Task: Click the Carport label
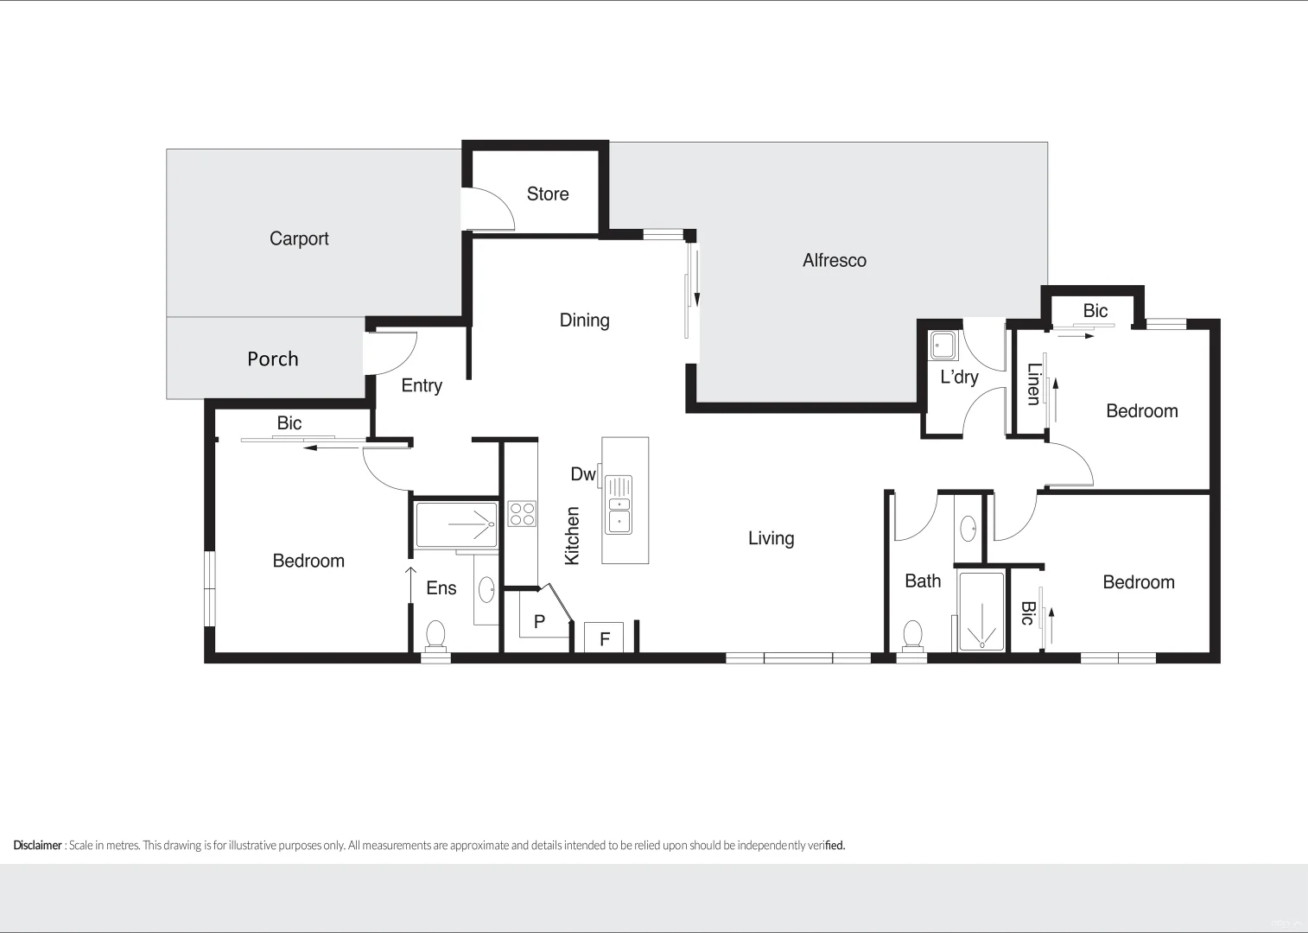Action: point(299,238)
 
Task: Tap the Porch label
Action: point(273,359)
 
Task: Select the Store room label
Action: point(548,194)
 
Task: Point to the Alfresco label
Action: point(834,260)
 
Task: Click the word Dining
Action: point(584,320)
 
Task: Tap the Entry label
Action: point(422,385)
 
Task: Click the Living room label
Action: point(771,538)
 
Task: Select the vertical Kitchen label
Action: point(572,536)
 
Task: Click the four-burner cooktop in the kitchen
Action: point(522,514)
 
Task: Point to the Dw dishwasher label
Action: point(582,473)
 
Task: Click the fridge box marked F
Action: point(605,638)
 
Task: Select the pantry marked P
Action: point(539,620)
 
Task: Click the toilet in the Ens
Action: point(435,635)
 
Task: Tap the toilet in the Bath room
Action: point(912,635)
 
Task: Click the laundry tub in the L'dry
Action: point(943,346)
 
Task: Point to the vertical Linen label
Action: point(1033,384)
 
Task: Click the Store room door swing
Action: point(489,208)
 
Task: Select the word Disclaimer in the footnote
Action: point(37,845)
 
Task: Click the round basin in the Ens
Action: point(486,590)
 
